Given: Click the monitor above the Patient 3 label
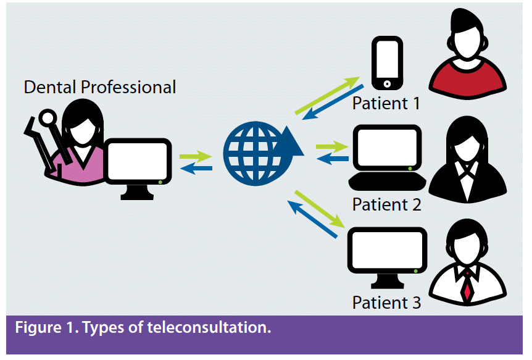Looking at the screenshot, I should pos(387,256).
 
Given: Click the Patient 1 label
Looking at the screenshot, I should pos(386,103).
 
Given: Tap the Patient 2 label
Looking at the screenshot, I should pos(386,204).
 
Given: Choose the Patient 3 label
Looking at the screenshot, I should pos(386,303).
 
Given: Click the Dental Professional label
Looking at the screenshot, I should pos(99,87).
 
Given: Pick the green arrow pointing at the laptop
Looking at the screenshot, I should pos(331,147).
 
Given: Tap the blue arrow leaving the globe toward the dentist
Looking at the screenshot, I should pos(196,168).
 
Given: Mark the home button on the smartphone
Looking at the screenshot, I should pos(387,83).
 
